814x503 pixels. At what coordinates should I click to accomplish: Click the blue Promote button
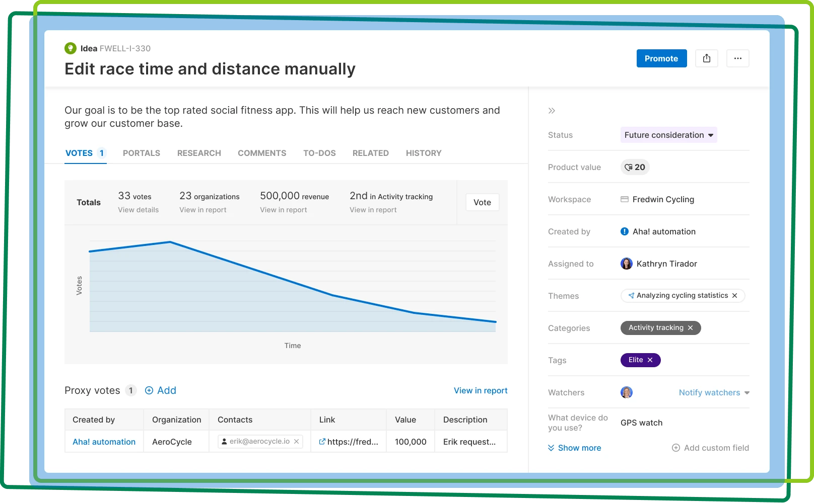[x=661, y=58]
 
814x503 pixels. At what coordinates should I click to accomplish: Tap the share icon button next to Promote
[x=706, y=58]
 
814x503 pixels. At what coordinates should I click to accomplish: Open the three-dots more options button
[x=737, y=58]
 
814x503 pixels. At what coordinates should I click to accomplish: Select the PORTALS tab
[x=142, y=153]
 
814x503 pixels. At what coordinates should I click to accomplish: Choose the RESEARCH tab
[x=199, y=153]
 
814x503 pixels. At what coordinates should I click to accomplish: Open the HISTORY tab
[x=424, y=153]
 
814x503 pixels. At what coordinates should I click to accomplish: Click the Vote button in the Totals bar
[x=482, y=202]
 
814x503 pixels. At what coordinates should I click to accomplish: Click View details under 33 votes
[x=138, y=210]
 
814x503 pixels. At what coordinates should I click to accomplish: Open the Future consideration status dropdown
[x=668, y=135]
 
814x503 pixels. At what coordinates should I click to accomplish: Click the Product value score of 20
[x=635, y=167]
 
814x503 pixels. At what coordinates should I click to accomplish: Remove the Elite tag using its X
[x=650, y=360]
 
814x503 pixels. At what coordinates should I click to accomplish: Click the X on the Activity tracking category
[x=690, y=328]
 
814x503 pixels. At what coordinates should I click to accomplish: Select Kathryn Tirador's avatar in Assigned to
[x=627, y=264]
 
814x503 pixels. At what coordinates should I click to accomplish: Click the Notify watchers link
[x=709, y=393]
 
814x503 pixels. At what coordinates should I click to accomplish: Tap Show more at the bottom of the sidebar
[x=575, y=448]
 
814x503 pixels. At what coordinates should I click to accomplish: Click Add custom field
[x=710, y=448]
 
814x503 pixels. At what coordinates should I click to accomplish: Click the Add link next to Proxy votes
[x=161, y=390]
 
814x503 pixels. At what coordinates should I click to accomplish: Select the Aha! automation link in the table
[x=104, y=442]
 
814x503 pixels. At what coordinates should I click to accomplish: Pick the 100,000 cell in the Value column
[x=411, y=442]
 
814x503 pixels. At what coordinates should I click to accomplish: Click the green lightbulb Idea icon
[x=71, y=48]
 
